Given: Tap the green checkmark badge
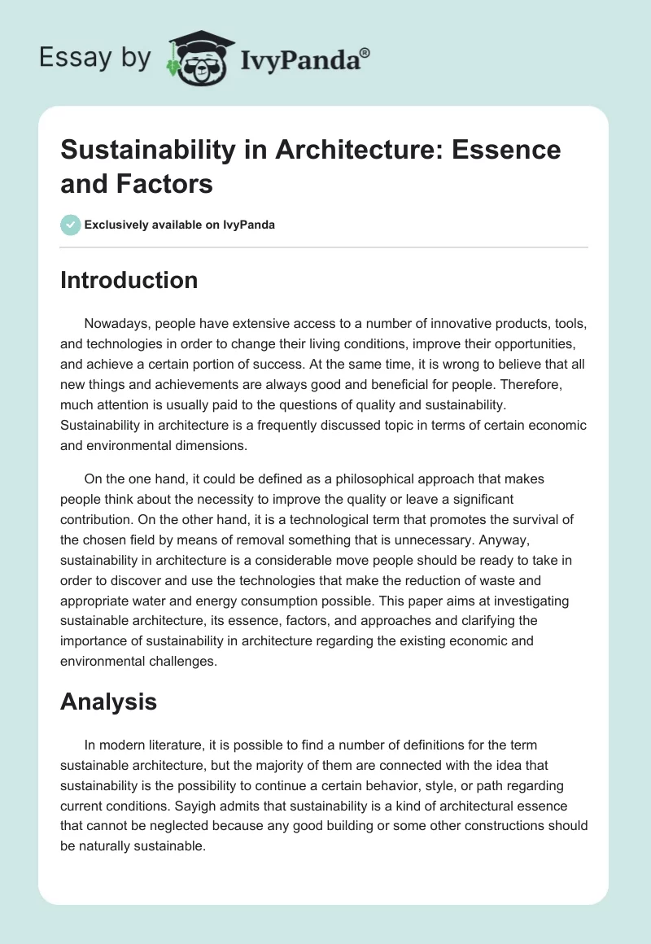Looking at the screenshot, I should coord(71,225).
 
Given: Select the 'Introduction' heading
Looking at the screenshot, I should coord(129,280).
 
